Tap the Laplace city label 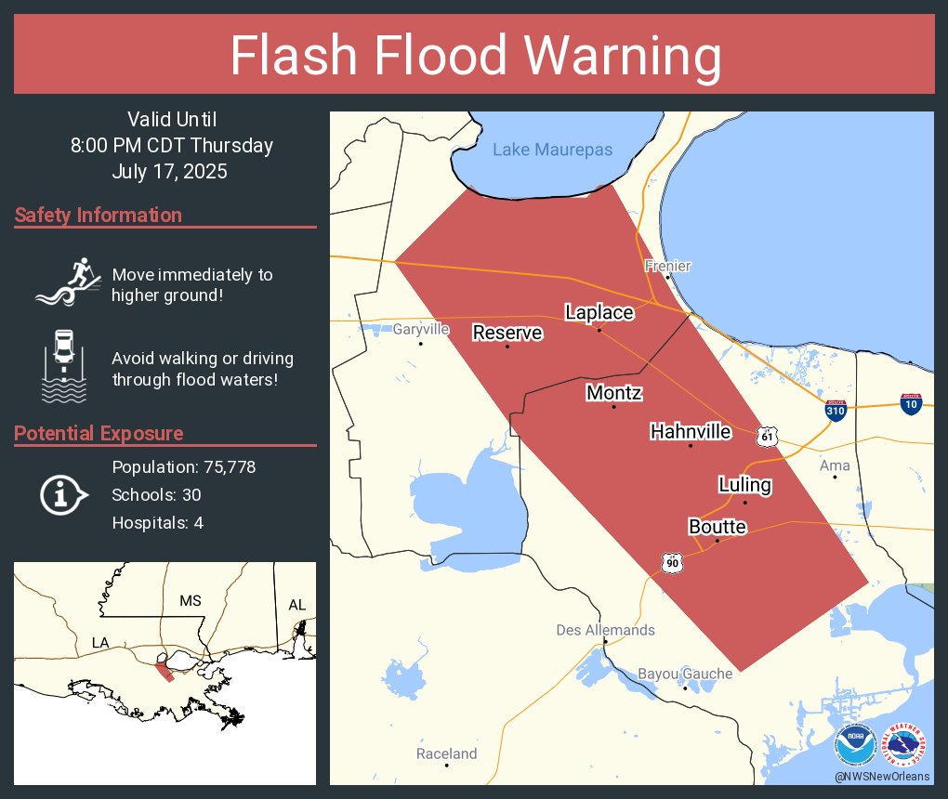[599, 312]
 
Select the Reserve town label [507, 333]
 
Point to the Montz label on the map [613, 393]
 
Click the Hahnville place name [690, 432]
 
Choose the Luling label [744, 485]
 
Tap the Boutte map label [717, 527]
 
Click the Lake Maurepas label [552, 150]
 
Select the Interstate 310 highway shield [835, 412]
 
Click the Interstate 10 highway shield [911, 403]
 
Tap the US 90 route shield [672, 562]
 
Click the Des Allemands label [605, 630]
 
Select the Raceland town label [446, 753]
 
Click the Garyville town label [420, 330]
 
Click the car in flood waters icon [63, 365]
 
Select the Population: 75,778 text [183, 466]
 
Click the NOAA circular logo [855, 747]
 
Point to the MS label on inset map [190, 601]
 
